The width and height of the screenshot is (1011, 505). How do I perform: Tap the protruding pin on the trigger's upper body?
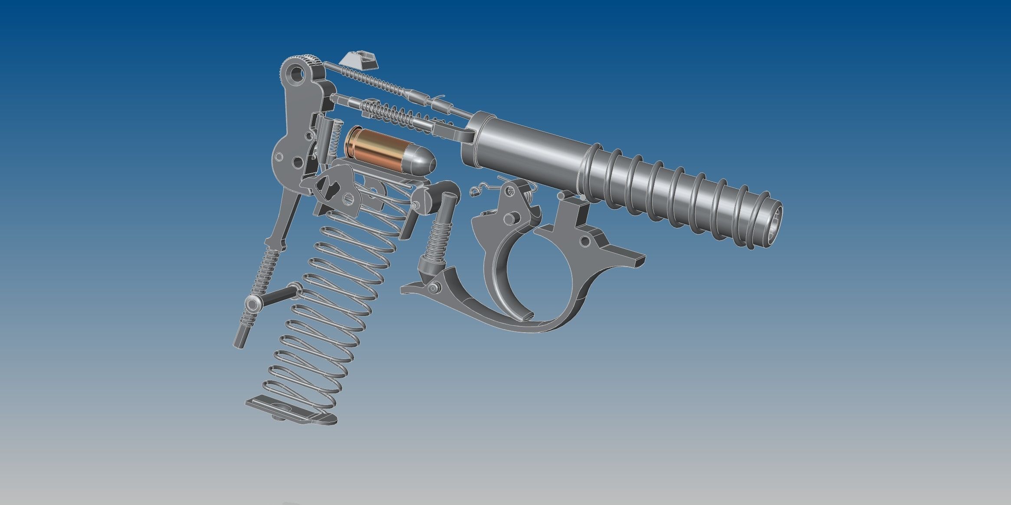click(x=512, y=216)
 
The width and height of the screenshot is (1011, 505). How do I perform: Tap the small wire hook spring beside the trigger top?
click(x=477, y=190)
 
